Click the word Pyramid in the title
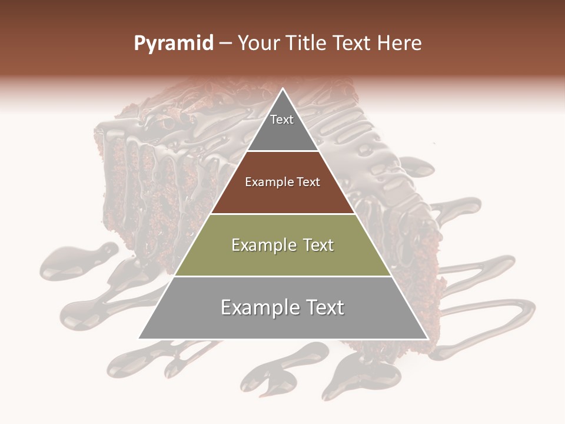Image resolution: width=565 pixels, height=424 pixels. pos(174,44)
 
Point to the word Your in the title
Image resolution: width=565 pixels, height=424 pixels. pos(258,44)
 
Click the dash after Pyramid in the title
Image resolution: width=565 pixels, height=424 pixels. pos(225,44)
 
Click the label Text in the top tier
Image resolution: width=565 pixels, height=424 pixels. pos(282,120)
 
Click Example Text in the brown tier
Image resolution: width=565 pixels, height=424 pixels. pos(282,182)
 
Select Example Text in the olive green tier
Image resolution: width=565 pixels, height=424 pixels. pos(282,245)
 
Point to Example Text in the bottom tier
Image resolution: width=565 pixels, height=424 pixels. pos(282,307)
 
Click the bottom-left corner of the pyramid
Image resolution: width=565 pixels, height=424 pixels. pos(139,339)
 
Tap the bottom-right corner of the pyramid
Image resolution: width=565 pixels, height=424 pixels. pos(427,339)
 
